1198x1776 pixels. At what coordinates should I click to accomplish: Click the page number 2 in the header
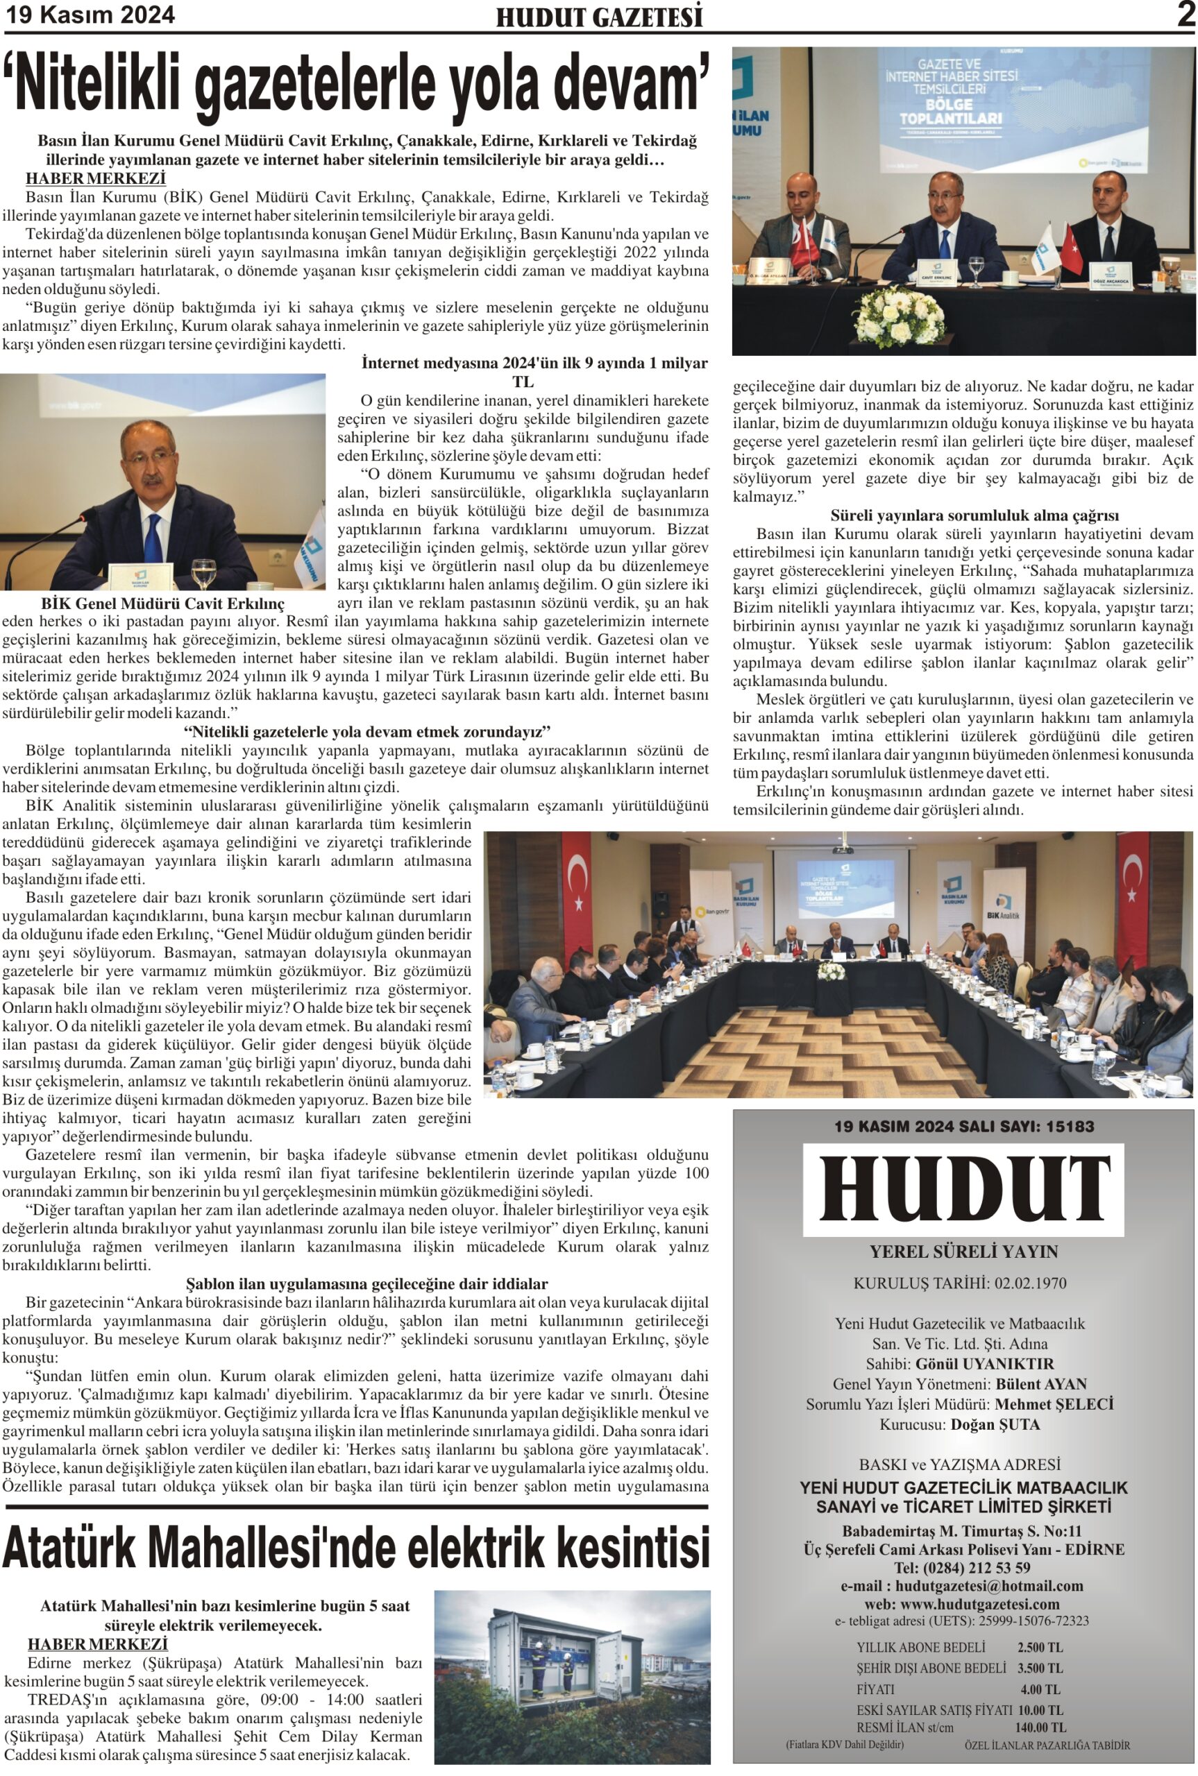[x=1185, y=15]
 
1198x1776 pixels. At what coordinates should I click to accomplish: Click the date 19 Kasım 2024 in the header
[x=91, y=15]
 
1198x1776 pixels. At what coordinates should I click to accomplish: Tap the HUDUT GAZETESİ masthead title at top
[x=599, y=17]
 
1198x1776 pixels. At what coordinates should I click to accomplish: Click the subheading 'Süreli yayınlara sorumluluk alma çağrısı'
[x=963, y=515]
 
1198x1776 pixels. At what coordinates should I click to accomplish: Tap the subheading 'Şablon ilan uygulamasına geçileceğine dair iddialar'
[x=366, y=1283]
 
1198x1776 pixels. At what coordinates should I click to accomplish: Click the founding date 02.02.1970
[x=1030, y=1283]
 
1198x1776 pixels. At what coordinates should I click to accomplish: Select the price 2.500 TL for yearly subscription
[x=1039, y=1647]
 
